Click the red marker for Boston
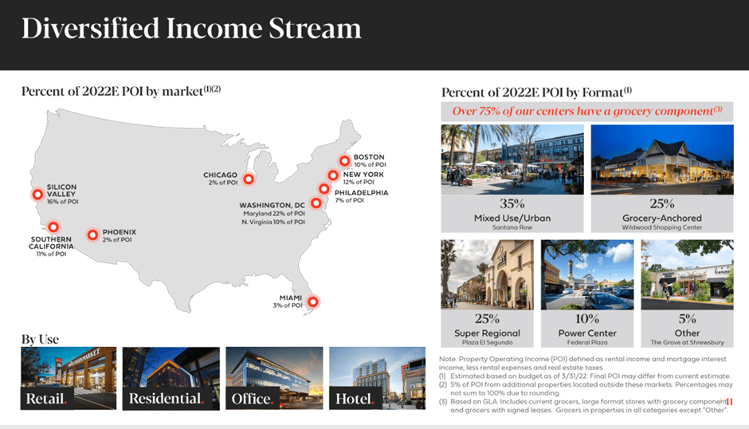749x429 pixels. point(345,161)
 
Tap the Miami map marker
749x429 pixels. point(312,301)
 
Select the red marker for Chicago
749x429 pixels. point(249,179)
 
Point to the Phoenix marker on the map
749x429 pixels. point(92,234)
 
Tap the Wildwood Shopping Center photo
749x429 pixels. point(661,159)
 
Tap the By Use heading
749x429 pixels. point(40,339)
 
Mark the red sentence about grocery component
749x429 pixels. point(587,111)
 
